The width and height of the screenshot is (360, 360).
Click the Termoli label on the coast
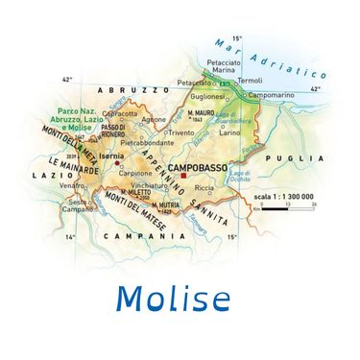249,80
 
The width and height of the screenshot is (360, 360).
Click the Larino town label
230,133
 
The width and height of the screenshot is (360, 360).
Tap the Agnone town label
154,119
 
